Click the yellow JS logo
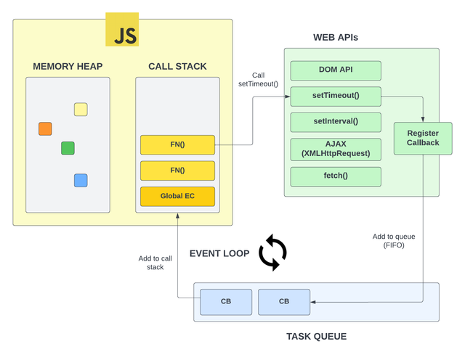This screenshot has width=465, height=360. pos(122,30)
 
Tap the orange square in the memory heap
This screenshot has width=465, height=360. pos(45,129)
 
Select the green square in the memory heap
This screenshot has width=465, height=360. pos(68,148)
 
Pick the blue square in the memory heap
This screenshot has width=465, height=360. pos(81,180)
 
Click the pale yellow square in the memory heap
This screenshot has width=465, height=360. pos(81,110)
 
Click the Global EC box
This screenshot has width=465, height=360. pos(177,196)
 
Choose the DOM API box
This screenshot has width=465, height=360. pos(336,70)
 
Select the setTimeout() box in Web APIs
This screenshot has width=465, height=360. pos(336,96)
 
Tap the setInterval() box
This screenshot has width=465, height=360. pos(336,121)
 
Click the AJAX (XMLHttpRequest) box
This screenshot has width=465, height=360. pos(336,149)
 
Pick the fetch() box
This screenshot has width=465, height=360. pos(336,176)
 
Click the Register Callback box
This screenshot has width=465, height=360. pos(423,138)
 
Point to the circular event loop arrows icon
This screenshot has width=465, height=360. pos(272,253)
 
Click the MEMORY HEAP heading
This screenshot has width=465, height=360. pos(68,67)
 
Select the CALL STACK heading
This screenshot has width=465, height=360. pos(177,67)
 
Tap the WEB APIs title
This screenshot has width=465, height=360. pos(335,37)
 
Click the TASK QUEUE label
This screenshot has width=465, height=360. pos(316,336)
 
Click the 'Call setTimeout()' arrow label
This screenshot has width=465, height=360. pos(258,79)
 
